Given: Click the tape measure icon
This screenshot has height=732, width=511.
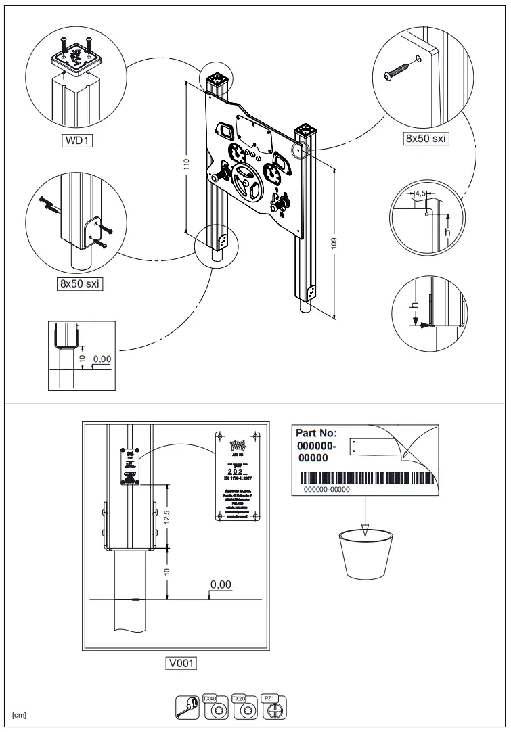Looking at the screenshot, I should (x=187, y=706).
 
